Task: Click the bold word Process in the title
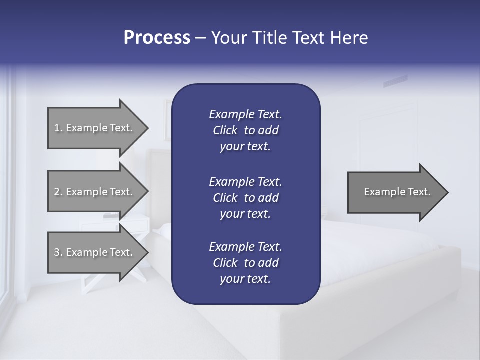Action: coord(156,37)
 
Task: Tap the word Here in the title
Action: coord(349,37)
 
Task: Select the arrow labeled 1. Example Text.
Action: coord(95,128)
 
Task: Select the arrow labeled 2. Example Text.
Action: coord(95,192)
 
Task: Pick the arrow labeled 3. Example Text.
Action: coord(95,252)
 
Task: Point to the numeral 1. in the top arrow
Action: coord(58,128)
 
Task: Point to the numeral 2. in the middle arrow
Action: coord(58,192)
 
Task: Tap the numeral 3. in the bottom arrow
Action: coord(58,252)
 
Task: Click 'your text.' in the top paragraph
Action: coord(245,147)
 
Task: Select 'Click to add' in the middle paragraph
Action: coord(245,198)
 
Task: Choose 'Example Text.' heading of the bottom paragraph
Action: coord(245,247)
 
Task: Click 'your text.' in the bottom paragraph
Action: coord(245,279)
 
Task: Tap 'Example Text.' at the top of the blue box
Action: coord(245,114)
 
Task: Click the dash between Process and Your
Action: coord(201,38)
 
